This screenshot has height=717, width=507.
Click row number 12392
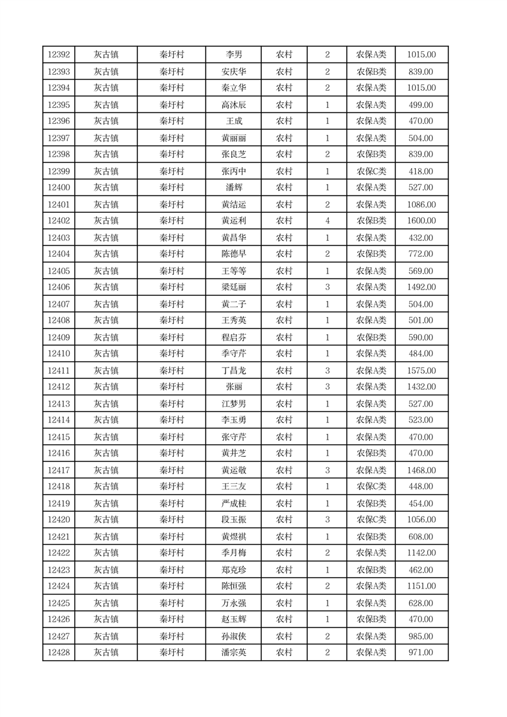point(59,55)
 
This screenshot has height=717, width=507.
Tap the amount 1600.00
point(421,220)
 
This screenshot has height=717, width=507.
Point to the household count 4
point(328,220)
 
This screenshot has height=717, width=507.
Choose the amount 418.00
point(421,171)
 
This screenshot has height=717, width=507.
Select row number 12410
point(59,353)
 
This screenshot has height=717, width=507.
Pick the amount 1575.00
point(421,370)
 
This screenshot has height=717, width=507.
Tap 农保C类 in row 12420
point(371,519)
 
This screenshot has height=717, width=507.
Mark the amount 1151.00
point(421,585)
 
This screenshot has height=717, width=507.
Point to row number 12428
point(59,652)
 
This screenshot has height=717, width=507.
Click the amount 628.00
point(421,602)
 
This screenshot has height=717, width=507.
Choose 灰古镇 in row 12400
point(106,187)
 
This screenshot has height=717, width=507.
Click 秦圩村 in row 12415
point(171,436)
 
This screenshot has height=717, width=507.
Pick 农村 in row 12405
point(284,270)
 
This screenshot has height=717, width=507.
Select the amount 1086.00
point(421,204)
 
